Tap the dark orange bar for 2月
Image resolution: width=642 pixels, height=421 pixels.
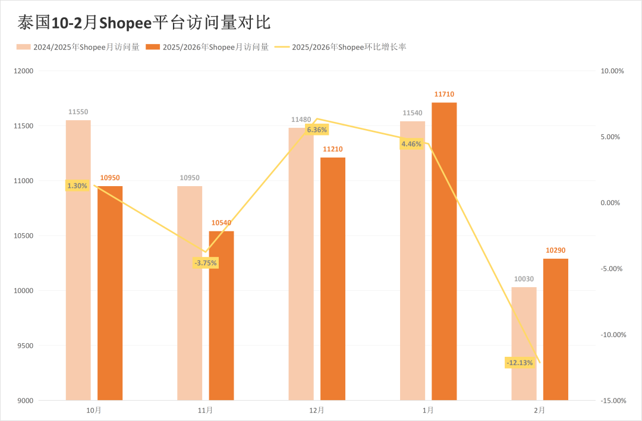click(x=556, y=329)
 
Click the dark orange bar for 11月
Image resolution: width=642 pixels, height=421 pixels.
click(x=221, y=315)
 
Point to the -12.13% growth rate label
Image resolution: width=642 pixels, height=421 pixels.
click(x=520, y=363)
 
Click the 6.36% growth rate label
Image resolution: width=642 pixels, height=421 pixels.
click(x=316, y=130)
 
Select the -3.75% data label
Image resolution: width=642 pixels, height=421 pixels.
click(x=206, y=263)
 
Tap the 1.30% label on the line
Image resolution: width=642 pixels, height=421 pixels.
click(x=77, y=186)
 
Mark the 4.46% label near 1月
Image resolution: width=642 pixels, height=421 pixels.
click(x=411, y=144)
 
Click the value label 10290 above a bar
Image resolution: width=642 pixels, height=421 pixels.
click(x=556, y=250)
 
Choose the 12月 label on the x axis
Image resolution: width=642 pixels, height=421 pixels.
click(x=317, y=410)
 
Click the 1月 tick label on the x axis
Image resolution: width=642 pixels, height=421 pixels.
click(x=428, y=410)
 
